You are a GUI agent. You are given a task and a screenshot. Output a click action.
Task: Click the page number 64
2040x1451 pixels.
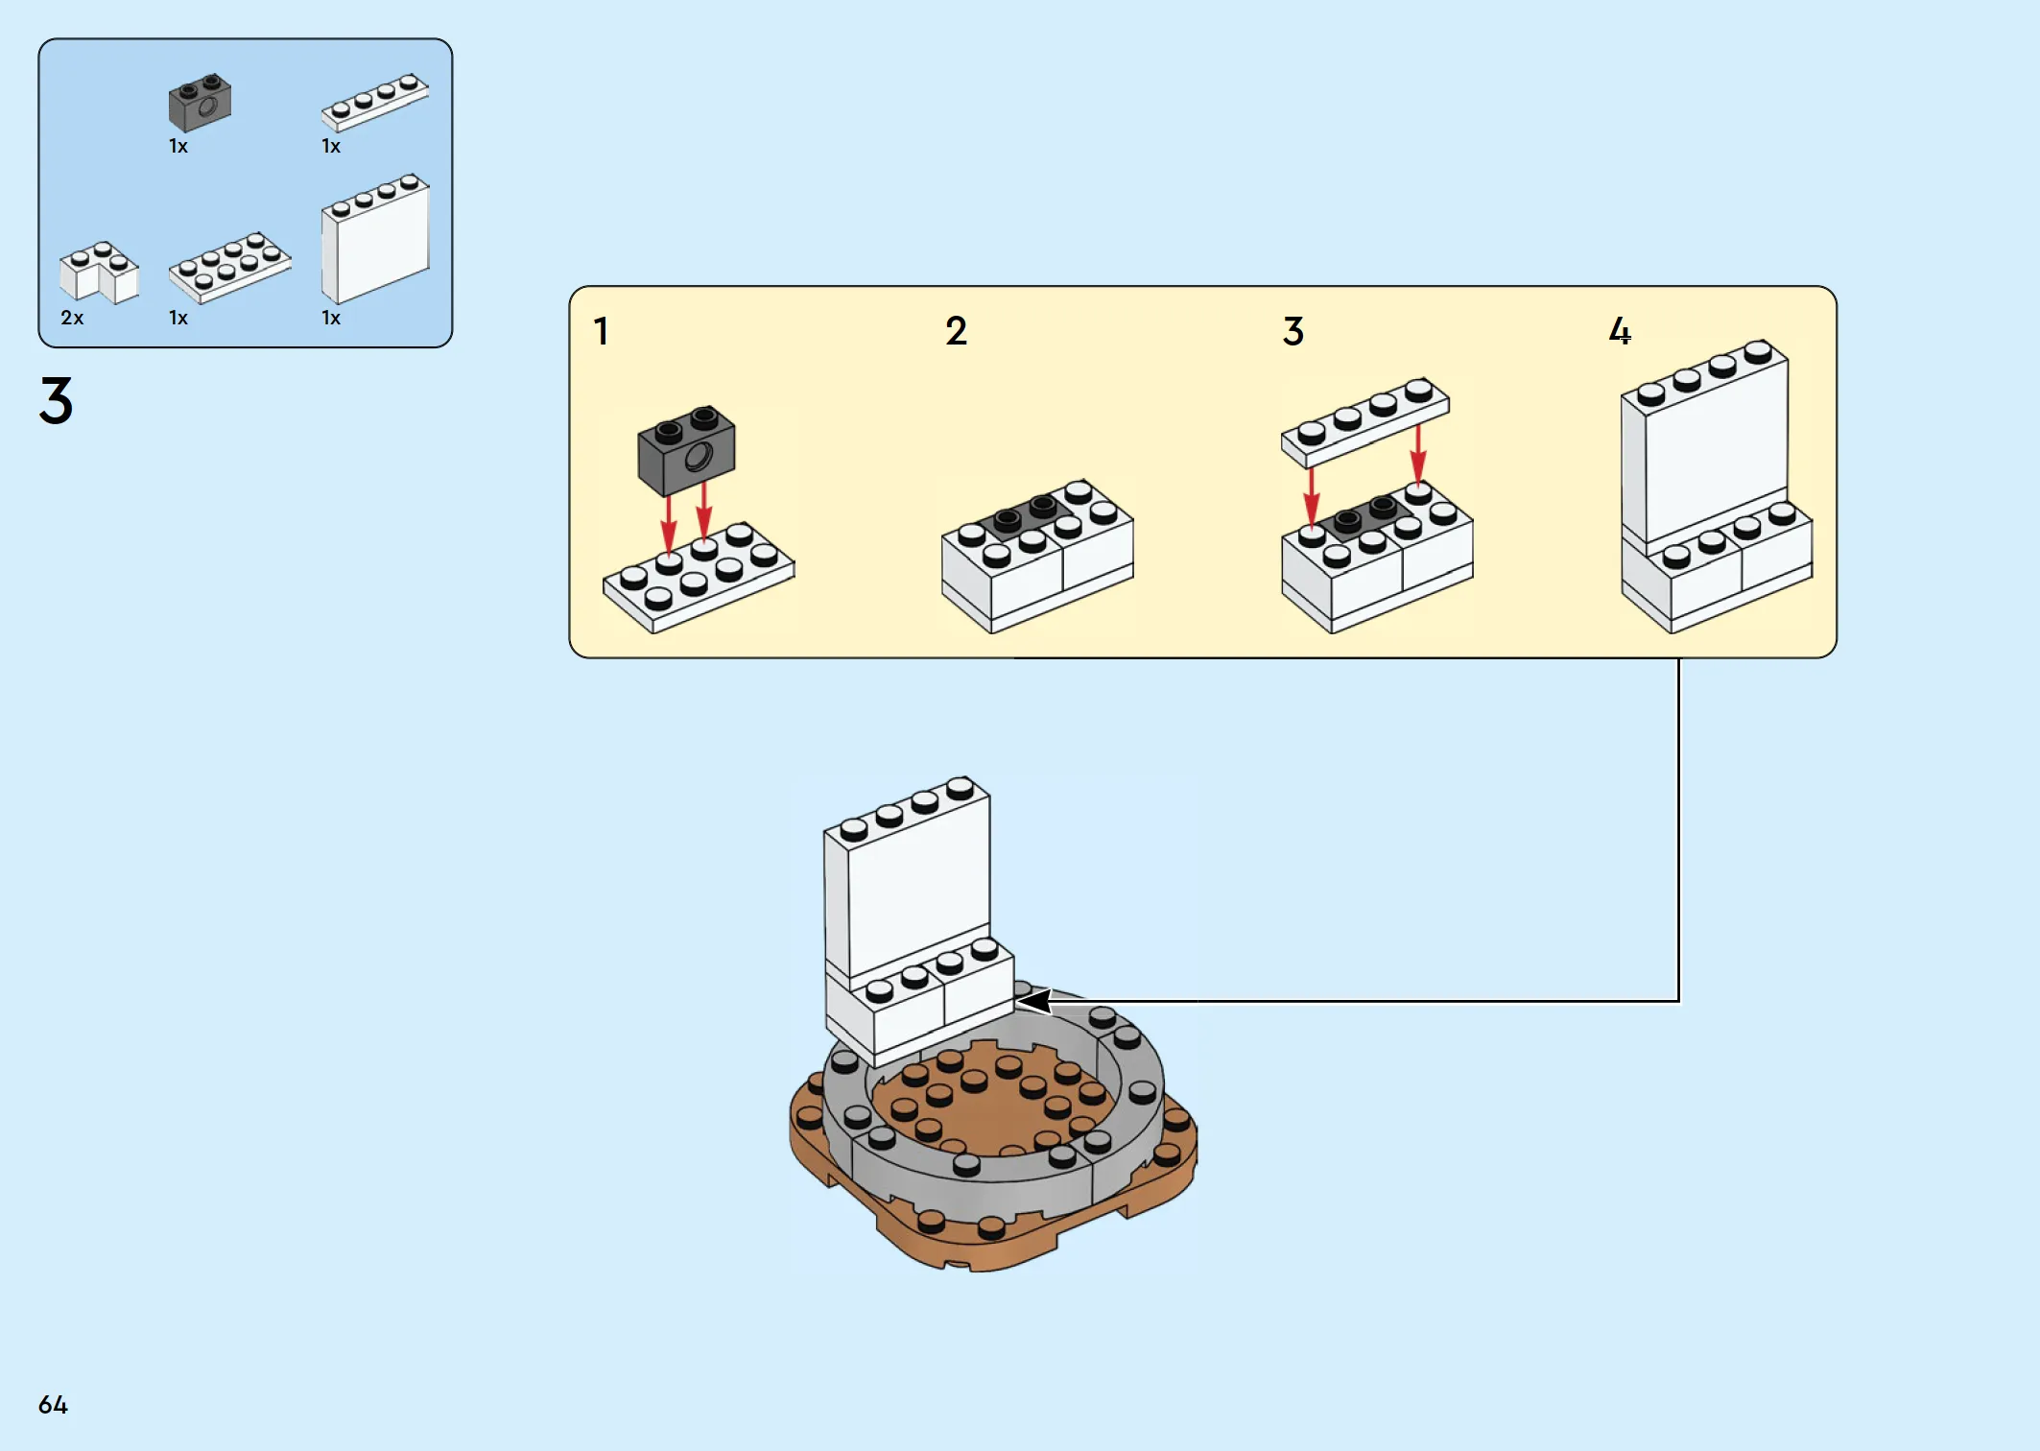point(53,1405)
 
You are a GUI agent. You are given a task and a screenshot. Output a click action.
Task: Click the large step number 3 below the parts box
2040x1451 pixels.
point(56,400)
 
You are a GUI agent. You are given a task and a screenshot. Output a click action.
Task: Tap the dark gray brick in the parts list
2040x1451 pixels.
point(200,103)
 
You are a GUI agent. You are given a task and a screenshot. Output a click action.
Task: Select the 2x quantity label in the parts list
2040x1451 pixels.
point(72,318)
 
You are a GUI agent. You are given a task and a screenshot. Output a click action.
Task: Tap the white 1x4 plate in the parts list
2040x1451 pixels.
point(374,102)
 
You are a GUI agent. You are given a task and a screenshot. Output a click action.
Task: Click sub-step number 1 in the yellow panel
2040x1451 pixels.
point(601,332)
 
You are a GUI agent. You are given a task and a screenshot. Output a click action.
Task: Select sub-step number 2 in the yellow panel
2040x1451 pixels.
point(956,332)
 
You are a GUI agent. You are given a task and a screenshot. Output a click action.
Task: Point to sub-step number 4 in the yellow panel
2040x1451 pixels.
point(1620,332)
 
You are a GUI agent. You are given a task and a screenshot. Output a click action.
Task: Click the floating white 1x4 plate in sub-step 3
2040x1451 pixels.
point(1364,422)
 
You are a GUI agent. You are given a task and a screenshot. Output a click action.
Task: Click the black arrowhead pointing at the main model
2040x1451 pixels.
point(1034,1001)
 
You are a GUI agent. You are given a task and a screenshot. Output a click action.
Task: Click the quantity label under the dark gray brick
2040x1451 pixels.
point(178,147)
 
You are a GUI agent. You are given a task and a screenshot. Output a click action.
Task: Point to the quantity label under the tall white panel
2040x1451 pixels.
point(331,318)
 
